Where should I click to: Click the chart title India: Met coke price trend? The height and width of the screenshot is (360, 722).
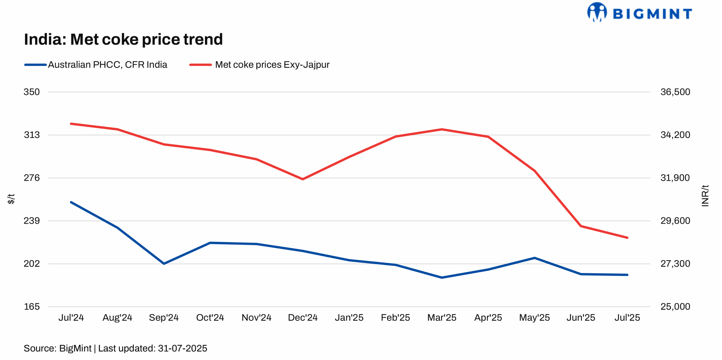pyautogui.click(x=123, y=39)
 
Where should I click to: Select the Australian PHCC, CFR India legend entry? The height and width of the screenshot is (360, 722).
pyautogui.click(x=107, y=65)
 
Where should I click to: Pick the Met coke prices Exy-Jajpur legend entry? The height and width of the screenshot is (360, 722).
pyautogui.click(x=272, y=65)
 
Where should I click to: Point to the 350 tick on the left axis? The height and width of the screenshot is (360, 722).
pyautogui.click(x=32, y=92)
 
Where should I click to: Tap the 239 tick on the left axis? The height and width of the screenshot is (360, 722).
pyautogui.click(x=32, y=221)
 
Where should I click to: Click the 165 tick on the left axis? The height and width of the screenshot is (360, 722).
pyautogui.click(x=32, y=306)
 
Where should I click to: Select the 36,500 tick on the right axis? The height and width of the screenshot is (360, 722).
pyautogui.click(x=675, y=92)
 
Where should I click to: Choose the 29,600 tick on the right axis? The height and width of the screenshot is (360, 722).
pyautogui.click(x=675, y=221)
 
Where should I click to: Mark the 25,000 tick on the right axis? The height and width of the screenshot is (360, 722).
pyautogui.click(x=675, y=306)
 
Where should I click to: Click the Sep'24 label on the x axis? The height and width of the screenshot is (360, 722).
pyautogui.click(x=164, y=318)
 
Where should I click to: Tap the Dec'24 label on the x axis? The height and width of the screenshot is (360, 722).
pyautogui.click(x=303, y=318)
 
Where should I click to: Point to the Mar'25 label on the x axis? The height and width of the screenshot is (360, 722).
pyautogui.click(x=442, y=318)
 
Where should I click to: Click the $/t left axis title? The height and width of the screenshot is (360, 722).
pyautogui.click(x=11, y=199)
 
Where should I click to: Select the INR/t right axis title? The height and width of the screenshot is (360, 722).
pyautogui.click(x=705, y=196)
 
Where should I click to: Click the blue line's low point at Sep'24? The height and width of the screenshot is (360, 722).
pyautogui.click(x=164, y=264)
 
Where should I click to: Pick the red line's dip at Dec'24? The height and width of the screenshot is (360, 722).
pyautogui.click(x=303, y=179)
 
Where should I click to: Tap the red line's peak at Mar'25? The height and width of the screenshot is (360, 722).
pyautogui.click(x=442, y=129)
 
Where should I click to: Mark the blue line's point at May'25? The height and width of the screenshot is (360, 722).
pyautogui.click(x=534, y=258)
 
